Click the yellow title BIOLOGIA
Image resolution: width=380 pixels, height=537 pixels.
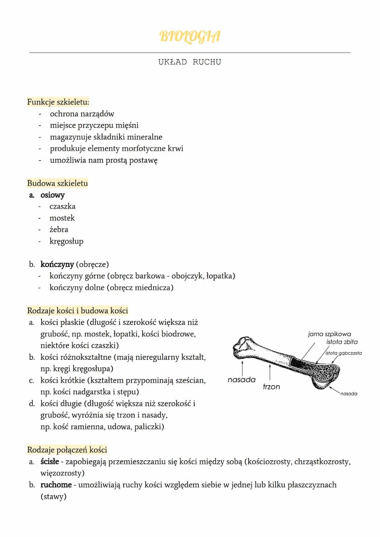tap(190, 36)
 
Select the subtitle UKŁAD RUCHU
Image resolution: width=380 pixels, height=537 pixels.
tap(190, 62)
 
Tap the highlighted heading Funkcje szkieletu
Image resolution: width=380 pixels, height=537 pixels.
tap(58, 102)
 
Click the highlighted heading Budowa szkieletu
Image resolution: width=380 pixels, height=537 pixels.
tap(57, 183)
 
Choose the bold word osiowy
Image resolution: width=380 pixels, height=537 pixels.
tap(52, 195)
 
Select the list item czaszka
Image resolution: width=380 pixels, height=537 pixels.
tap(62, 206)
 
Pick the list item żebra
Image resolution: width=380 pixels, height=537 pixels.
tap(59, 229)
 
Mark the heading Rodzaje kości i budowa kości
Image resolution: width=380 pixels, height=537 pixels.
tap(77, 311)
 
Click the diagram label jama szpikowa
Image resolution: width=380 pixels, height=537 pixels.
tap(330, 334)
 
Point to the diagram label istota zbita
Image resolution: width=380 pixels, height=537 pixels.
tap(342, 342)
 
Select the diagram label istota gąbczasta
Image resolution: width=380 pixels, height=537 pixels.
tap(344, 353)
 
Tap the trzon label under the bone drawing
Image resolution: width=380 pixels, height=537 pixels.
tap(271, 387)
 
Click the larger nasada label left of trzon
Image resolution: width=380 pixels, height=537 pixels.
tap(241, 380)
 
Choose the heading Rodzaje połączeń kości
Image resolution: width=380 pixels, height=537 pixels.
tap(67, 450)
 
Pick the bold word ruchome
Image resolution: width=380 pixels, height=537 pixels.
tap(56, 485)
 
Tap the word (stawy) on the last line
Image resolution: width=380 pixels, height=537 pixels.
tap(53, 497)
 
